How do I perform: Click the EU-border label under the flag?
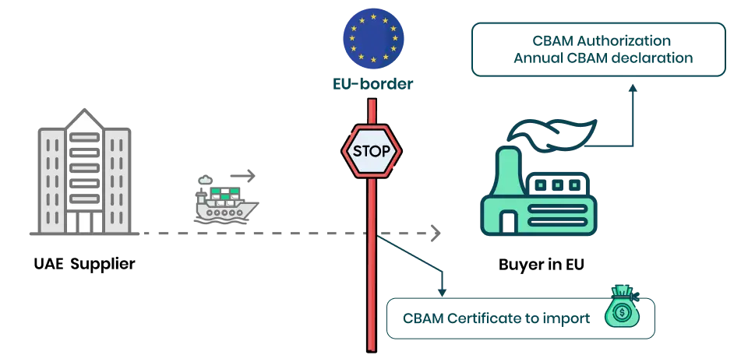(373, 81)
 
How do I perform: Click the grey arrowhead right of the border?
(436, 233)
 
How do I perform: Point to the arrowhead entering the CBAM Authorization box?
(634, 89)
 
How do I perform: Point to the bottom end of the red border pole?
(372, 348)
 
